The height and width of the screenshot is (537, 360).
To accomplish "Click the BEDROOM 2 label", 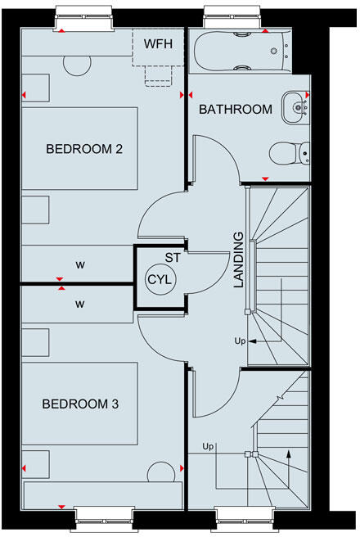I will [84, 149].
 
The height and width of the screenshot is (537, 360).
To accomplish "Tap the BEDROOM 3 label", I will [84, 404].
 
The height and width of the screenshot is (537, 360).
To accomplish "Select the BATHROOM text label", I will [236, 109].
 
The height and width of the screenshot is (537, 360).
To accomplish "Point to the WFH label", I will [159, 43].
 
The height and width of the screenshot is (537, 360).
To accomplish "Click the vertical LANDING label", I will [239, 259].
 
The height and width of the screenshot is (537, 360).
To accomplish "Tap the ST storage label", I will [172, 258].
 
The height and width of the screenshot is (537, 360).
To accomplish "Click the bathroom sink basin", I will [295, 104].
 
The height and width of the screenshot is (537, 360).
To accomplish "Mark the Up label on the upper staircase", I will [239, 340].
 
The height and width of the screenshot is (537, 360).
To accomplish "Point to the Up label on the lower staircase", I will [208, 446].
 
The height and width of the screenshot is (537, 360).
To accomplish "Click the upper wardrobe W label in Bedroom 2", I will [79, 264].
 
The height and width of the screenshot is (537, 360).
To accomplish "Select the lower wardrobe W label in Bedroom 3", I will [79, 304].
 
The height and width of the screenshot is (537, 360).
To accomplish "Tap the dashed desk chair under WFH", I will [158, 74].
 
